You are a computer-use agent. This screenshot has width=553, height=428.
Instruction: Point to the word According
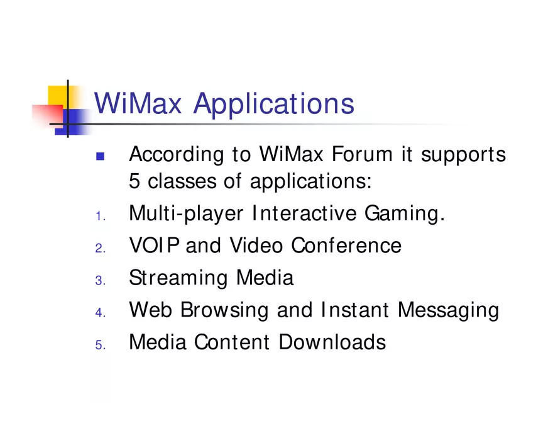coord(176,155)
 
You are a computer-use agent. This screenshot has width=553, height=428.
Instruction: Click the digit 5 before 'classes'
coord(134,182)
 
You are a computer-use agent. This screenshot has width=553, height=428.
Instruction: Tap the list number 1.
coord(99,217)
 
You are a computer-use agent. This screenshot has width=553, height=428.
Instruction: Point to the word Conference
coord(346,245)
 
